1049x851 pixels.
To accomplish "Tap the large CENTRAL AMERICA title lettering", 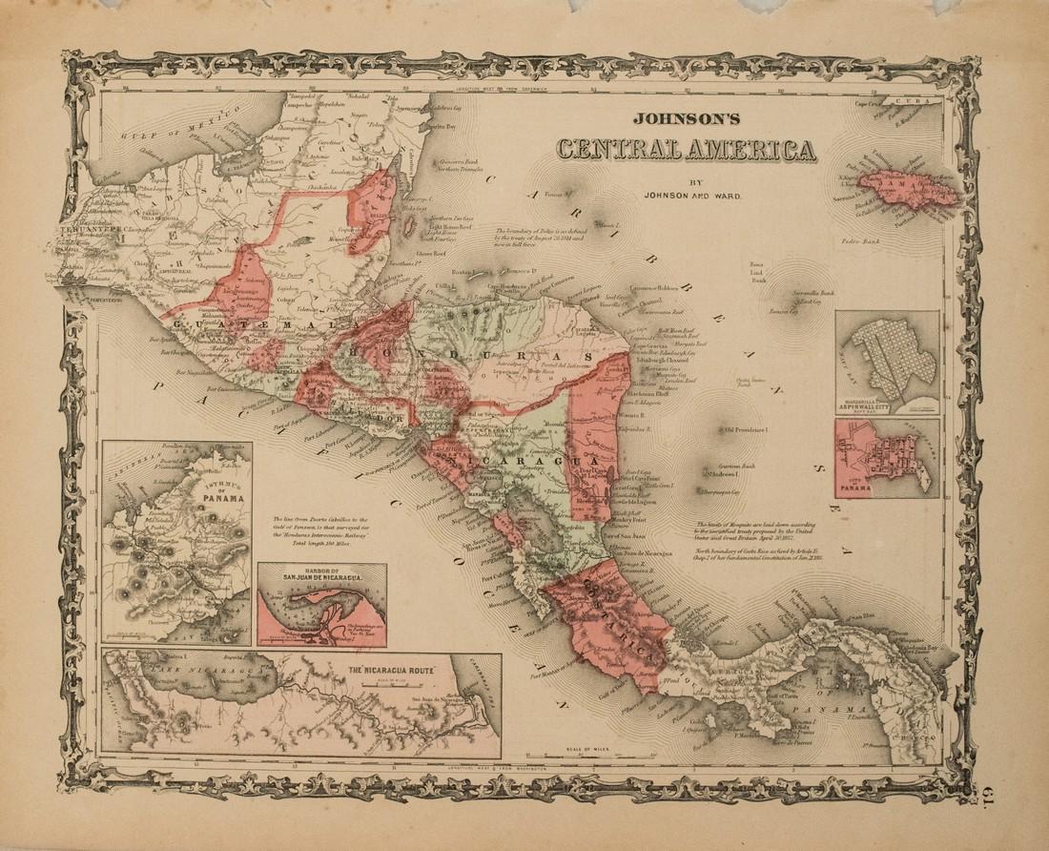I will pos(686,151).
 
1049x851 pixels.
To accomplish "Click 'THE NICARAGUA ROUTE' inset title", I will pos(389,670).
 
